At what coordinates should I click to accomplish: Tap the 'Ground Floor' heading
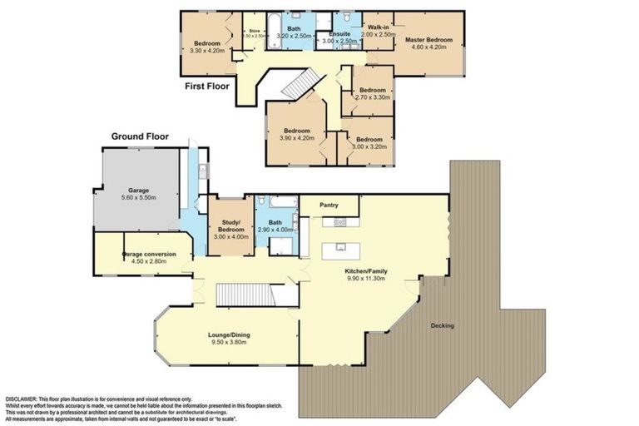pos(141,136)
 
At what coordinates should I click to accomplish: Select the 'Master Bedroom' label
pos(428,40)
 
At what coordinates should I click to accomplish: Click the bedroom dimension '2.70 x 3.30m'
pos(372,97)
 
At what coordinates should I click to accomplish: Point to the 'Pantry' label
pos(329,202)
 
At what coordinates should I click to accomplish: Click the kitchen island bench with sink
pos(341,247)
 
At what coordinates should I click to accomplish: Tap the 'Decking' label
pos(442,325)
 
